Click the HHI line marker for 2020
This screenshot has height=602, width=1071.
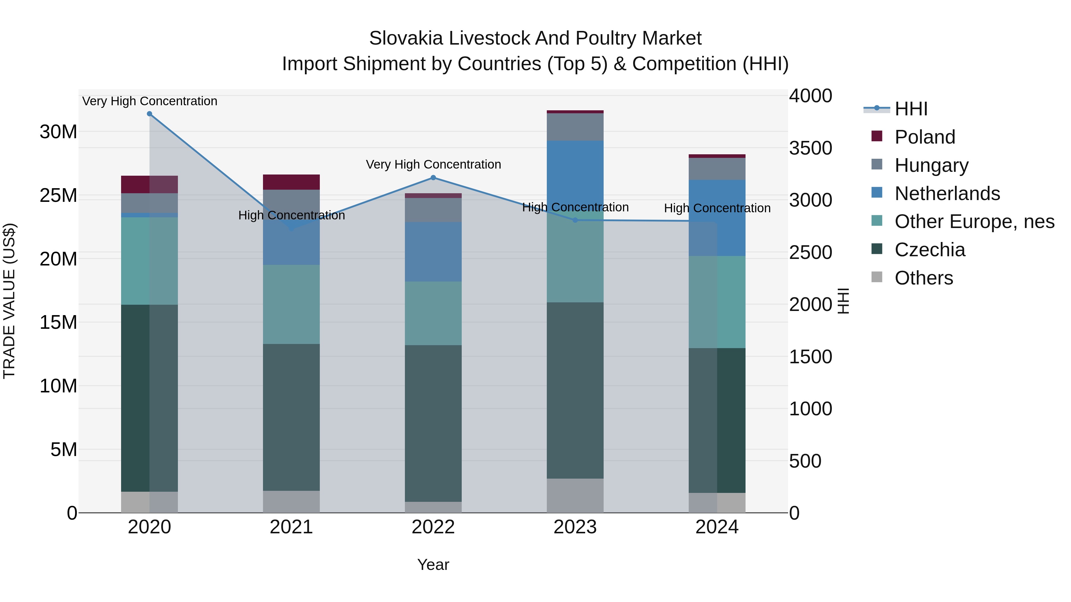pyautogui.click(x=150, y=114)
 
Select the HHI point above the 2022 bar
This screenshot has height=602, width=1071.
pyautogui.click(x=433, y=178)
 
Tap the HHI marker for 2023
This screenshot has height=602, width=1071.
pyautogui.click(x=575, y=220)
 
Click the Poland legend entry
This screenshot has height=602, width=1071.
pyautogui.click(x=925, y=137)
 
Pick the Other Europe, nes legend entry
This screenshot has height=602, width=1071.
pyautogui.click(x=974, y=221)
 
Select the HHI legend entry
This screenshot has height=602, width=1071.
pyautogui.click(x=911, y=109)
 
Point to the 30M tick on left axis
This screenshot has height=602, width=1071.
pyautogui.click(x=58, y=132)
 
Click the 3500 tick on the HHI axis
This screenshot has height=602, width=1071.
pyautogui.click(x=810, y=148)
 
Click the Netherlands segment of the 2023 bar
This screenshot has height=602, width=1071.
pyautogui.click(x=575, y=175)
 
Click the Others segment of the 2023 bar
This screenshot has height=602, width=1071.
pyautogui.click(x=575, y=495)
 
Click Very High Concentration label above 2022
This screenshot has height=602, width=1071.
pyautogui.click(x=433, y=164)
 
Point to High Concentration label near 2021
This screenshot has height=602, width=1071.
pyautogui.click(x=292, y=215)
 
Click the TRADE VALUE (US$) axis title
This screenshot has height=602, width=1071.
pyautogui.click(x=9, y=301)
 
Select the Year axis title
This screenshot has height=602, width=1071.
pyautogui.click(x=433, y=565)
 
